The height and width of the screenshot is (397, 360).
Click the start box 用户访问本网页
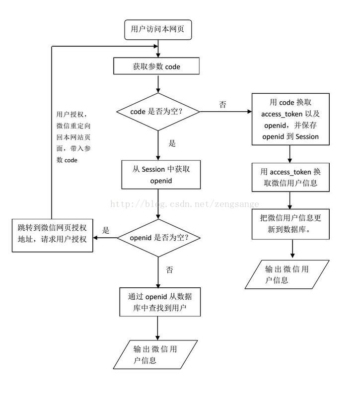pos(158,30)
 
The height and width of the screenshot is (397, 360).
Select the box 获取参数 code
pos(156,66)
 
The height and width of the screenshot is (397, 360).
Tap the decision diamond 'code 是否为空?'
pos(158,112)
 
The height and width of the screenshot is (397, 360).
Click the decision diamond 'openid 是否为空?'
pos(158,238)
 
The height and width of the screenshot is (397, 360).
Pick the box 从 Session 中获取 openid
pos(161,175)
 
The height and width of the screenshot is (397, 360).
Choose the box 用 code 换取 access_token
pos(290,119)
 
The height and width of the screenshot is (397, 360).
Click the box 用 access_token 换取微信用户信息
pos(290,177)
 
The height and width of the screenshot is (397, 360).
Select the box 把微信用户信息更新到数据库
pos(290,224)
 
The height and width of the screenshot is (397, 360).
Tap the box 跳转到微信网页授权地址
pos(53,235)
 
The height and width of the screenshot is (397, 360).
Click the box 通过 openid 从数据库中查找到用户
pos(160,302)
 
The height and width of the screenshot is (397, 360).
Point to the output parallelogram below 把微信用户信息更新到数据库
pos(287,274)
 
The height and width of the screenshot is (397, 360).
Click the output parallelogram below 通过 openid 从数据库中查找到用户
pos(155,354)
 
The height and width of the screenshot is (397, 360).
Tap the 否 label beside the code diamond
pos(222,104)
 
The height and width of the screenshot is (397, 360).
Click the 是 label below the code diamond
pos(172,143)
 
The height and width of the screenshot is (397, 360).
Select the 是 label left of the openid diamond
pos(106,230)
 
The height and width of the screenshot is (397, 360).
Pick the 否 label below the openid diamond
pos(169,269)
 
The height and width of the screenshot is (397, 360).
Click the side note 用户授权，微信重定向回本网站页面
pos(73,137)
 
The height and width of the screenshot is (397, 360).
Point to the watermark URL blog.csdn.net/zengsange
pos(185,204)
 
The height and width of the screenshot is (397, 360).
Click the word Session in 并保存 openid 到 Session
pos(307,137)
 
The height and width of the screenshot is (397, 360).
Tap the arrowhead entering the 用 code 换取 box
pos(250,111)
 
